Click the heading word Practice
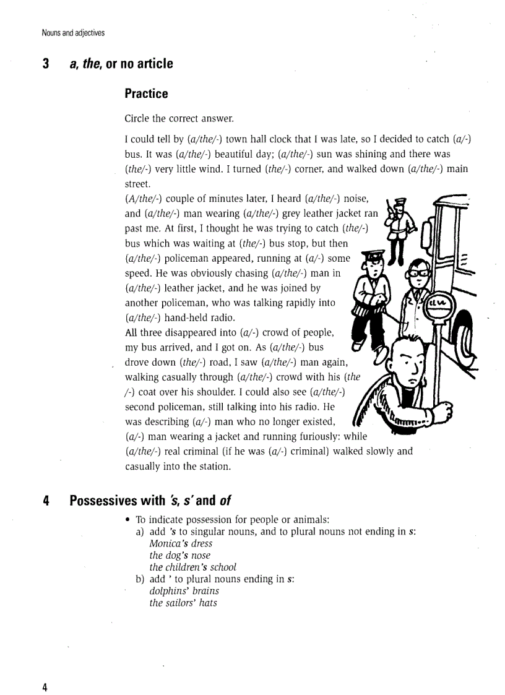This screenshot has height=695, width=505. (x=146, y=93)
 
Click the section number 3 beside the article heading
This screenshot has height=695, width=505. (x=46, y=64)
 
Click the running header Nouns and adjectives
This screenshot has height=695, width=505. (x=73, y=33)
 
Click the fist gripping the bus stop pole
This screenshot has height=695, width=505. (x=444, y=410)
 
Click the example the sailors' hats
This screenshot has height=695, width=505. (x=183, y=603)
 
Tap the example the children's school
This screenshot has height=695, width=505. (x=193, y=567)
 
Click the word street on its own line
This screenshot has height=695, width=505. (x=137, y=184)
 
